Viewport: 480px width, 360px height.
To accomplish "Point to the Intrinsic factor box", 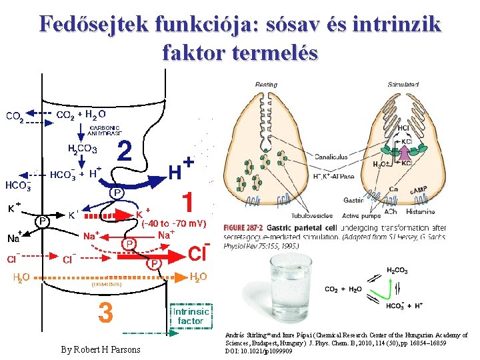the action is [x=191, y=315].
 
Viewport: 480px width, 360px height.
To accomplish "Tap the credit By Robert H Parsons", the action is [x=101, y=349].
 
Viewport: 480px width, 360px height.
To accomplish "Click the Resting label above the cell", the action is [x=267, y=85].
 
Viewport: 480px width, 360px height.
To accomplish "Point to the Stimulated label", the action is [x=403, y=85].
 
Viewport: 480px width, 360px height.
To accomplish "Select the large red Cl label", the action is [x=199, y=254].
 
